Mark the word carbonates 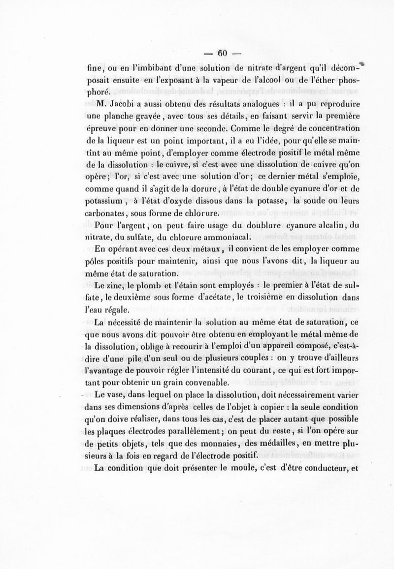click(106, 214)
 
